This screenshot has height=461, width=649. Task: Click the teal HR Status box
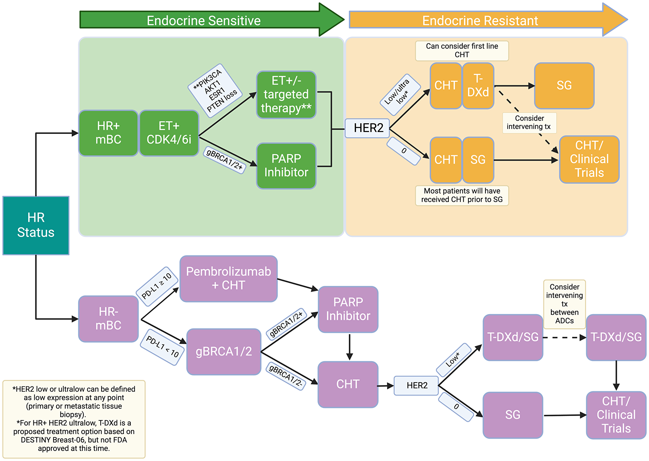tap(36, 225)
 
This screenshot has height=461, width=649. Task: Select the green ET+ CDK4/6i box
tap(169, 133)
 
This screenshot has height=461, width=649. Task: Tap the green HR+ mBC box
tap(108, 133)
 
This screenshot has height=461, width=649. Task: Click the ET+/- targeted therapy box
tap(286, 94)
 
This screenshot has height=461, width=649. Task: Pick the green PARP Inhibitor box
tap(286, 166)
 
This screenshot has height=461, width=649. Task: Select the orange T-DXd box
tap(478, 86)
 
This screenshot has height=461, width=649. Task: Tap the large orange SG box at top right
tap(564, 86)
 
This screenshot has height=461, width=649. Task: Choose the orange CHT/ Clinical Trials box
tap(589, 159)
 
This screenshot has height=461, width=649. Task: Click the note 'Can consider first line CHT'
tap(462, 51)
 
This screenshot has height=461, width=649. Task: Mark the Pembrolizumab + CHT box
tap(228, 278)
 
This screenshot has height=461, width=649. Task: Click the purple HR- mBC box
tap(108, 319)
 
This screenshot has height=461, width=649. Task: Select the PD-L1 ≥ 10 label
tap(157, 286)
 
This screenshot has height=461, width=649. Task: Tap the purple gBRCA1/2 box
tap(224, 352)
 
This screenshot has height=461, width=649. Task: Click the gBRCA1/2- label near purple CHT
tap(286, 376)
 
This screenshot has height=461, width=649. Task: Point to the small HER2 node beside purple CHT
tap(416, 385)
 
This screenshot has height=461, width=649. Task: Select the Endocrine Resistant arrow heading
tap(480, 20)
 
